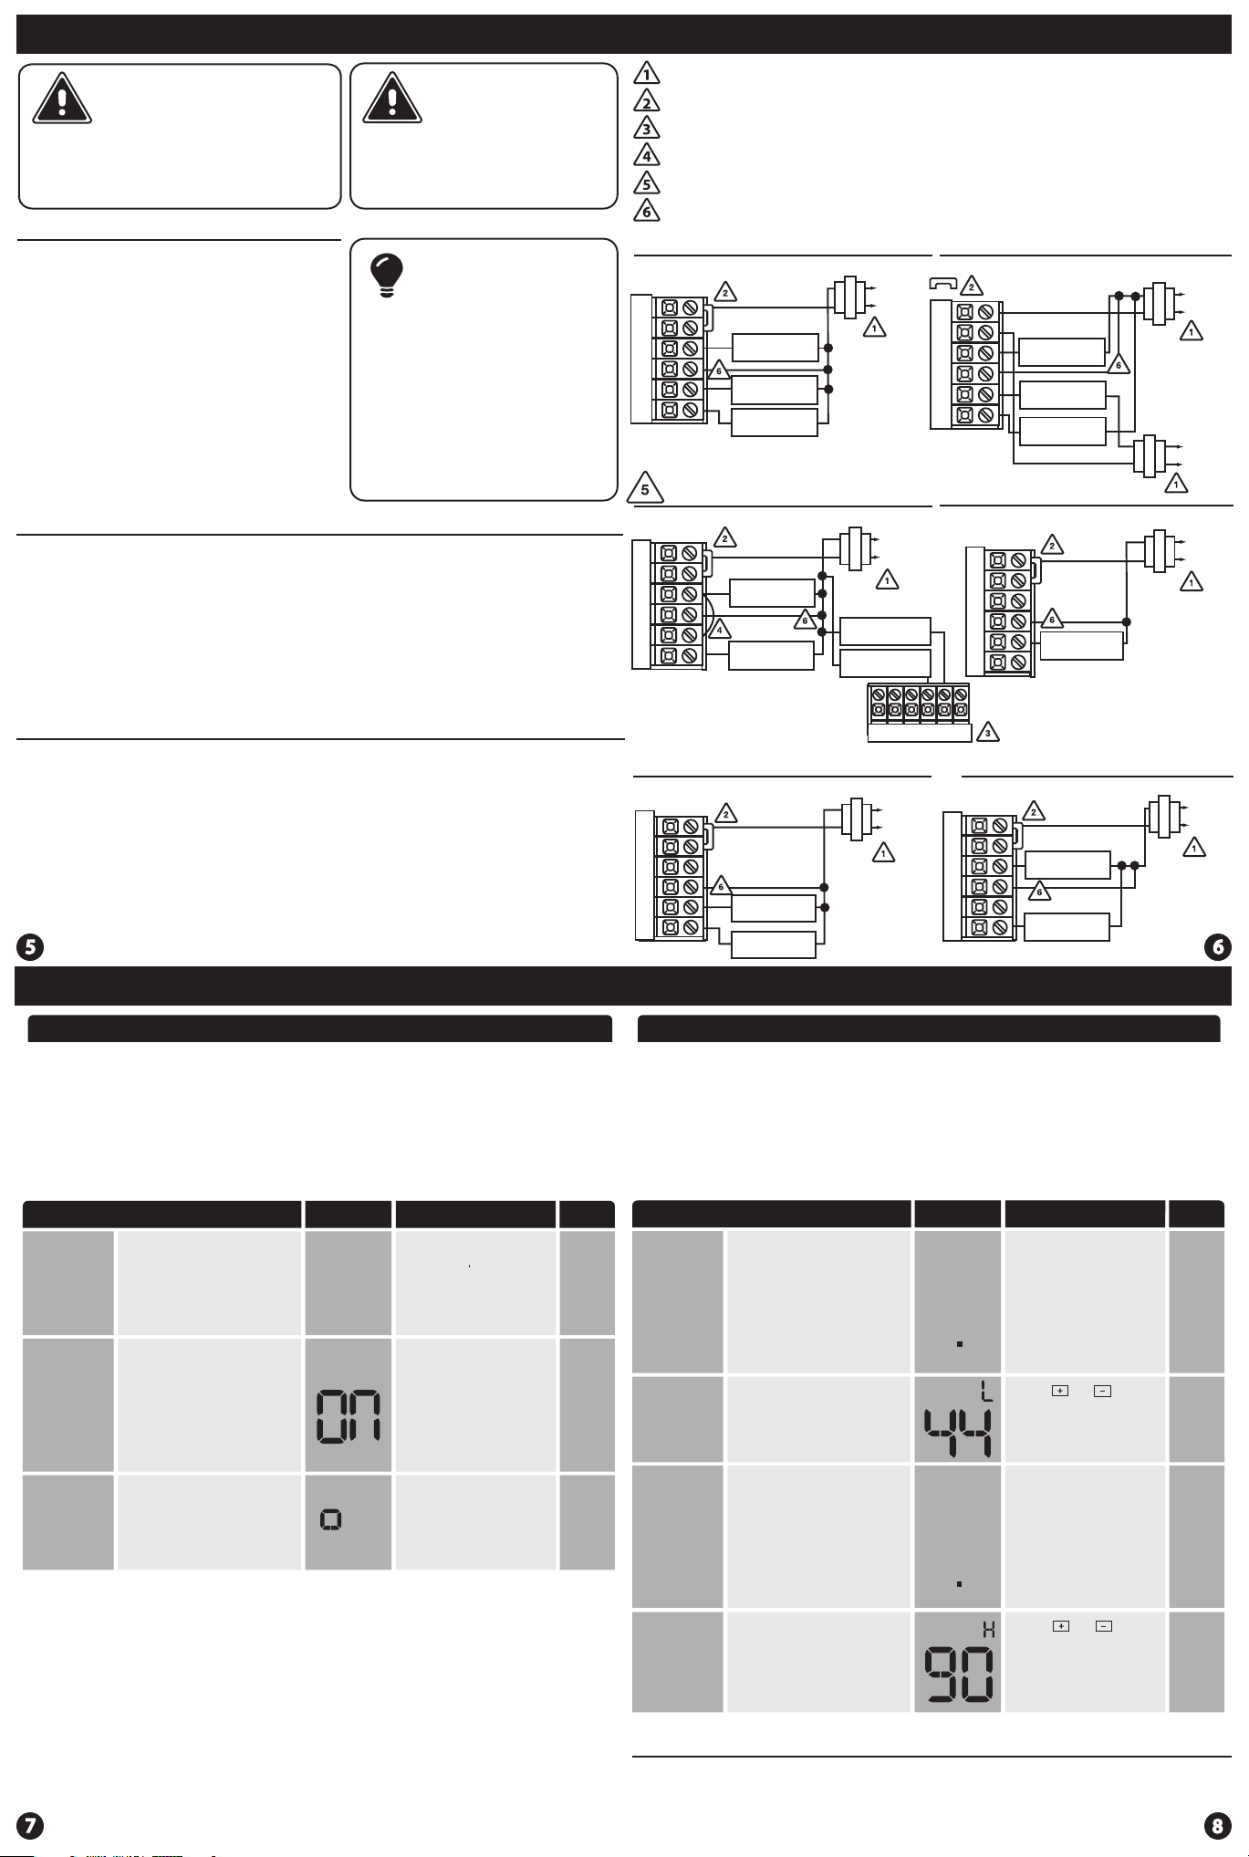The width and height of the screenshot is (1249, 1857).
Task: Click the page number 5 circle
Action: (x=30, y=947)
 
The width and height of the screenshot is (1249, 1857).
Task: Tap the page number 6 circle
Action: (x=1218, y=947)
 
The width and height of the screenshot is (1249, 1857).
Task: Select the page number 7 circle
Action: (x=30, y=1825)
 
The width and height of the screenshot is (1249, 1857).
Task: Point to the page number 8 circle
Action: (x=1218, y=1825)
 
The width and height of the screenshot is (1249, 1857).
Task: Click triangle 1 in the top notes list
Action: (x=646, y=74)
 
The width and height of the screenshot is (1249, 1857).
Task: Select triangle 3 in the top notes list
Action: (x=646, y=129)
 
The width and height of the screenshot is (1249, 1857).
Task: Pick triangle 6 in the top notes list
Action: (x=646, y=211)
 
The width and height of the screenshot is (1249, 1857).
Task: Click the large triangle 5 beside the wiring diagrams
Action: (x=645, y=489)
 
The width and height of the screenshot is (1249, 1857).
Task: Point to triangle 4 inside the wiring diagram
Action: (x=719, y=629)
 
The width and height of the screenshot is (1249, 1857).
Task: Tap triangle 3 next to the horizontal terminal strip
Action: (x=986, y=733)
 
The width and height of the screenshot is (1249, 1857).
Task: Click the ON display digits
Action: (x=348, y=1416)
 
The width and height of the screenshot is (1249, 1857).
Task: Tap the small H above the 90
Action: (x=988, y=1630)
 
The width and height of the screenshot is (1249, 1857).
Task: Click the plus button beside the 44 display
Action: (x=1060, y=1391)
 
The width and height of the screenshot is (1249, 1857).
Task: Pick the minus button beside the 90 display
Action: (x=1104, y=1626)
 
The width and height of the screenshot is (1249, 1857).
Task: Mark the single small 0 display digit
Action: (x=331, y=1519)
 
